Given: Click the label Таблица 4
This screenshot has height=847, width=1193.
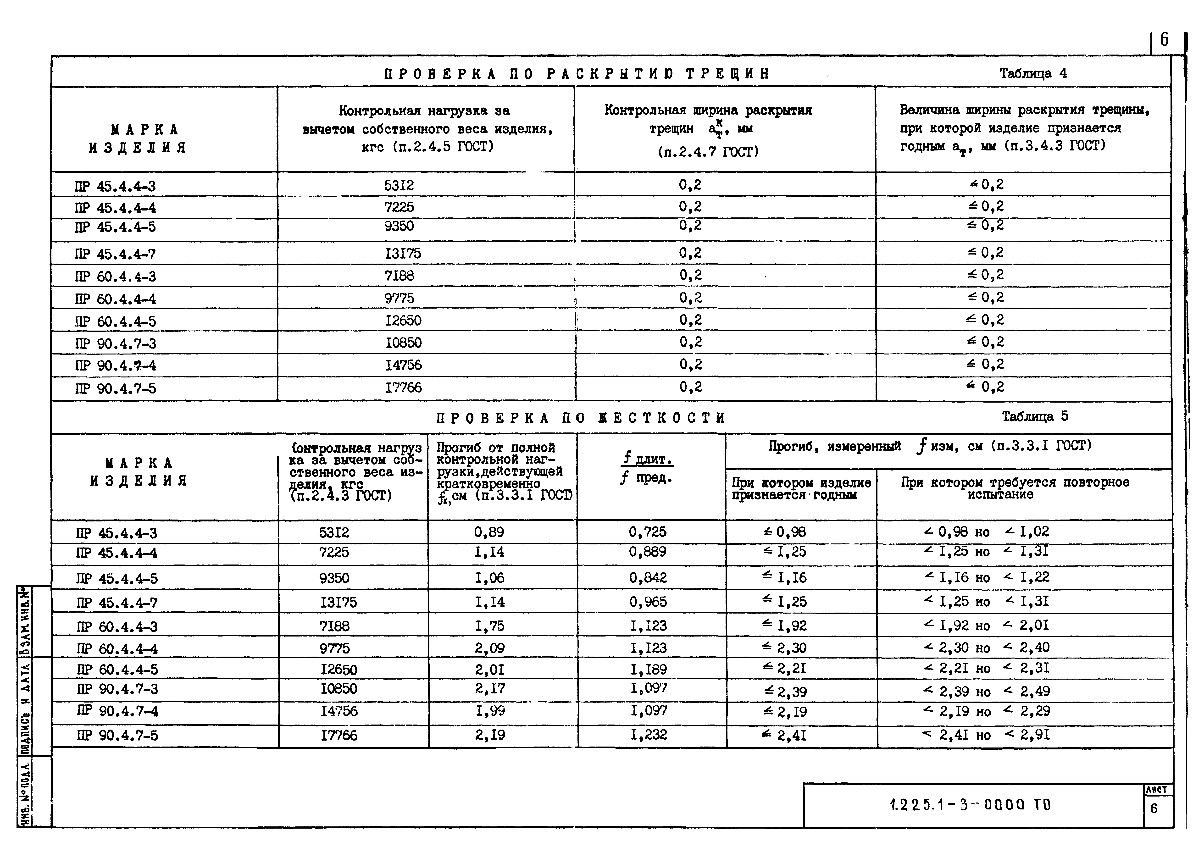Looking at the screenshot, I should pyautogui.click(x=1033, y=73).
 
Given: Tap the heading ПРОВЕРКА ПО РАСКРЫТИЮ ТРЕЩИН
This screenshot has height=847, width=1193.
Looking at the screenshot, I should pyautogui.click(x=577, y=74).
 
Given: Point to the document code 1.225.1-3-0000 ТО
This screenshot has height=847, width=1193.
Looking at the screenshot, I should pyautogui.click(x=970, y=805).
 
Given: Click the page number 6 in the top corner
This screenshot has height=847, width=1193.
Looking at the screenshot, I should pyautogui.click(x=1164, y=40).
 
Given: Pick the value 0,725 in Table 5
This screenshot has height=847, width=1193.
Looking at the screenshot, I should pyautogui.click(x=647, y=532).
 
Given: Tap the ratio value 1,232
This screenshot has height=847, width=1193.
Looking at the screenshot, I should pyautogui.click(x=648, y=735).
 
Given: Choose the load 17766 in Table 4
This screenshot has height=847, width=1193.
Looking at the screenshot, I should pyautogui.click(x=403, y=388).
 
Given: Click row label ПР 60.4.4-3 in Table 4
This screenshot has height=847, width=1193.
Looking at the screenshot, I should pyautogui.click(x=115, y=277).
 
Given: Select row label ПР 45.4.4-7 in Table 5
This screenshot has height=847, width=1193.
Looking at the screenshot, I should pyautogui.click(x=117, y=603).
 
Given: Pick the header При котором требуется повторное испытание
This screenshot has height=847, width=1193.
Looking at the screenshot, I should pyautogui.click(x=1015, y=488).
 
